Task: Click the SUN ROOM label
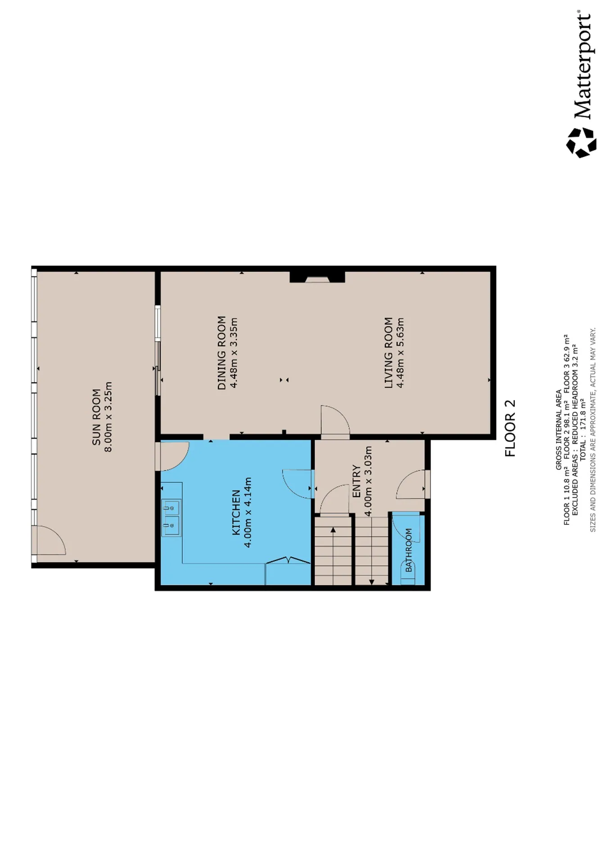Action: (96, 417)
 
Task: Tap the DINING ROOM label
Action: (221, 353)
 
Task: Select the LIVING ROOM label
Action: (388, 353)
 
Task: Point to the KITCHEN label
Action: (236, 513)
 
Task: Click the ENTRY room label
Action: (357, 481)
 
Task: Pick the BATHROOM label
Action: (409, 551)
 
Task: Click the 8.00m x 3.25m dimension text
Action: (108, 417)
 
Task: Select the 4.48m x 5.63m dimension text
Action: (400, 353)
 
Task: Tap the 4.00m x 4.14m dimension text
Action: (248, 513)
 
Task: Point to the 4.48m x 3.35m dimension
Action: (233, 353)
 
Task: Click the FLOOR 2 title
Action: (510, 428)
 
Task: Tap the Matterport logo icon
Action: (581, 142)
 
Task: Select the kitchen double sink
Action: (172, 518)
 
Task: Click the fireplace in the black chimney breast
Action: (317, 279)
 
